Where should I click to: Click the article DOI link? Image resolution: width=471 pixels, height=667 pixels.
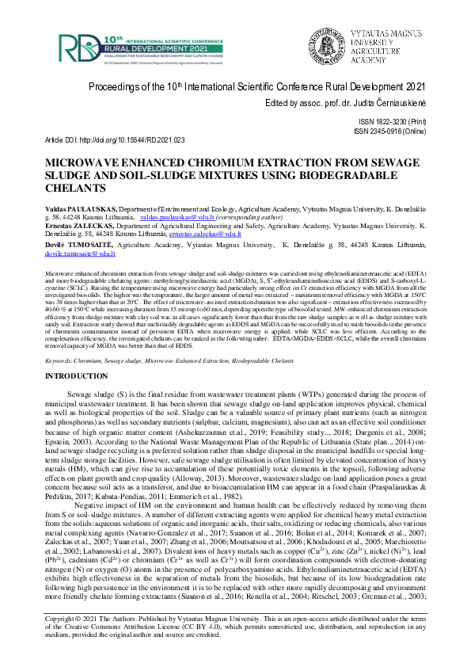pos(131,139)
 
